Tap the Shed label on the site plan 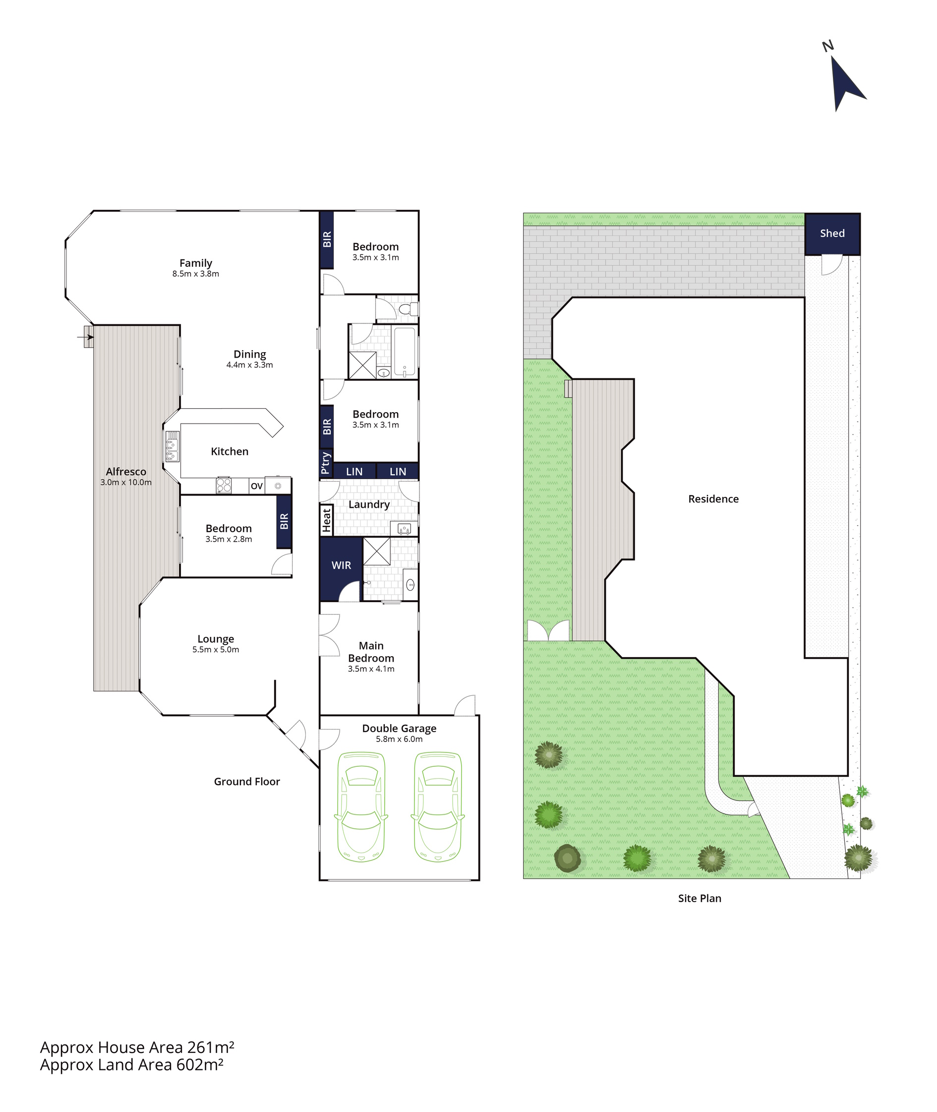pyautogui.click(x=832, y=233)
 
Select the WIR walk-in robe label pyautogui.click(x=341, y=565)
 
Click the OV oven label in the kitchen pyautogui.click(x=257, y=486)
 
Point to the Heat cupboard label pyautogui.click(x=326, y=520)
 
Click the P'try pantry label pyautogui.click(x=326, y=463)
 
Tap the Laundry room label pyautogui.click(x=369, y=505)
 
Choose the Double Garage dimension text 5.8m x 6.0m pyautogui.click(x=400, y=739)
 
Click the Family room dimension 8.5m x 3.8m pyautogui.click(x=195, y=274)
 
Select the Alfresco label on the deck pyautogui.click(x=126, y=471)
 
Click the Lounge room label pyautogui.click(x=216, y=639)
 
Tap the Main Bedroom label pyautogui.click(x=371, y=652)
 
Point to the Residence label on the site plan pyautogui.click(x=713, y=499)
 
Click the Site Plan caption pyautogui.click(x=700, y=898)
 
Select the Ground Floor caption pyautogui.click(x=247, y=781)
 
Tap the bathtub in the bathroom pyautogui.click(x=405, y=352)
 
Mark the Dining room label pyautogui.click(x=250, y=354)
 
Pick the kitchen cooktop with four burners pyautogui.click(x=224, y=485)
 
